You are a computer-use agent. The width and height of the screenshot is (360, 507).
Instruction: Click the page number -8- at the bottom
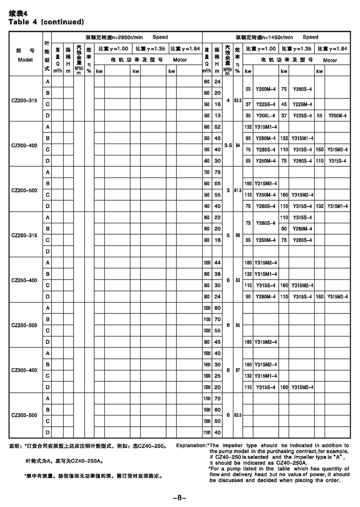click(179, 497)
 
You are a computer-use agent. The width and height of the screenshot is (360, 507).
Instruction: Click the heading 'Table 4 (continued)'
click(46, 22)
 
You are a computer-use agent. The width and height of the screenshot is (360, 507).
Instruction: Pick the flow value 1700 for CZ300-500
click(207, 398)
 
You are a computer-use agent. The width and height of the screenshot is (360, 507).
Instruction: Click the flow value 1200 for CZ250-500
click(207, 308)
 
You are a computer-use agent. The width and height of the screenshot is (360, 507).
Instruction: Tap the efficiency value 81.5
click(237, 190)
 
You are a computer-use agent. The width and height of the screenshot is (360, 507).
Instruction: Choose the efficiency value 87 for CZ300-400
click(237, 370)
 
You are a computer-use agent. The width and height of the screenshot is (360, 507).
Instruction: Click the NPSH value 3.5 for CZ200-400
click(228, 145)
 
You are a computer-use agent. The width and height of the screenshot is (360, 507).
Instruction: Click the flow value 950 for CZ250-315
click(207, 217)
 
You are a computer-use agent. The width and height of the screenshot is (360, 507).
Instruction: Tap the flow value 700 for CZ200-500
click(207, 172)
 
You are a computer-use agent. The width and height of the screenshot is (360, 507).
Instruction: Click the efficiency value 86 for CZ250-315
click(237, 235)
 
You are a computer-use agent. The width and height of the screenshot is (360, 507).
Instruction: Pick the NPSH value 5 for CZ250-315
click(228, 235)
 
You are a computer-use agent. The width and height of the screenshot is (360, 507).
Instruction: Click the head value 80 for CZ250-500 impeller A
click(218, 308)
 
